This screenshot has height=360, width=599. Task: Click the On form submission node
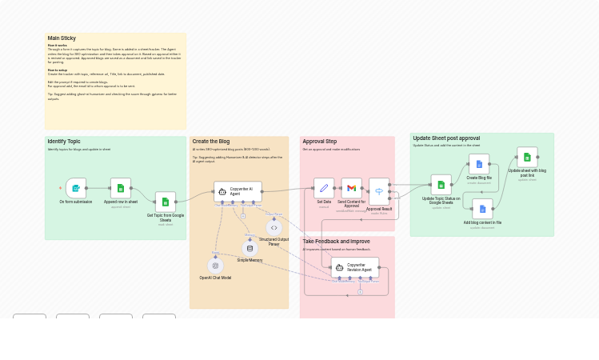tap(76, 188)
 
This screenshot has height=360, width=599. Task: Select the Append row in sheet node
tap(121, 188)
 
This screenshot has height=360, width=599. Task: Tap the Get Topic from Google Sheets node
tap(166, 202)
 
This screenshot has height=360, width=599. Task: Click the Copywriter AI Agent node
tap(238, 191)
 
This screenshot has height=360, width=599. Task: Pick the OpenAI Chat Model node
tap(215, 266)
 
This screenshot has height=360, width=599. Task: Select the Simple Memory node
tap(250, 248)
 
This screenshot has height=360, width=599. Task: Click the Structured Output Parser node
tap(274, 228)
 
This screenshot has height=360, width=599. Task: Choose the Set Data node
tap(324, 188)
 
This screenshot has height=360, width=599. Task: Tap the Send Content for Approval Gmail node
tap(351, 188)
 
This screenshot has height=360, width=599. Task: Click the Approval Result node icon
tap(379, 190)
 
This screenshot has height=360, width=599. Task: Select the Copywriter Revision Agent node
tap(355, 267)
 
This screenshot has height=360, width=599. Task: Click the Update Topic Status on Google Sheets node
tap(441, 185)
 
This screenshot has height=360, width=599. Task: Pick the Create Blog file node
tap(479, 164)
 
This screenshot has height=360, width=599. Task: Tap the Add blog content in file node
tap(482, 209)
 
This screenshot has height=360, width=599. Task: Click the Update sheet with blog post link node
tap(527, 157)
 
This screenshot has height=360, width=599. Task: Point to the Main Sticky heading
tap(62, 38)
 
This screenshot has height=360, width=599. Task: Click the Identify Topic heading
tap(64, 142)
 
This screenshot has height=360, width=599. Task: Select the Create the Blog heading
tap(211, 142)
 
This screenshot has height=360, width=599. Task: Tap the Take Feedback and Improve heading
tap(336, 241)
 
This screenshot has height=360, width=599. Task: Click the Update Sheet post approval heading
tap(446, 138)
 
